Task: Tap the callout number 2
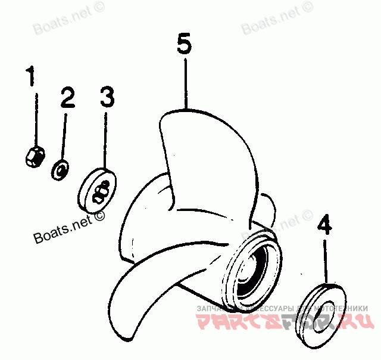(x=67, y=97)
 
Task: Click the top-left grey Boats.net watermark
(x=60, y=25)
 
